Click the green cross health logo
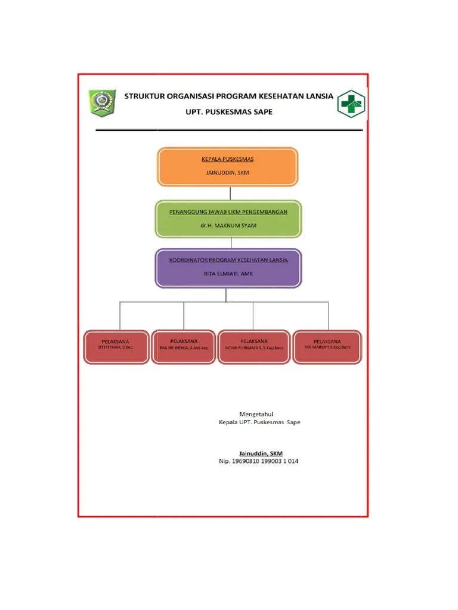tap(351, 104)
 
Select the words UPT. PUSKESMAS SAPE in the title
tap(228, 111)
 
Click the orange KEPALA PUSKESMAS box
tap(227, 167)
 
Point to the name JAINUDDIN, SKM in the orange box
tap(227, 173)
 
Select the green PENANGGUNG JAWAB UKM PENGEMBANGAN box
tap(228, 219)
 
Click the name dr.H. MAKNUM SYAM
tap(228, 225)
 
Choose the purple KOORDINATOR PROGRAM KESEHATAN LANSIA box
tap(228, 268)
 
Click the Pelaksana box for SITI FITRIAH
tap(116, 346)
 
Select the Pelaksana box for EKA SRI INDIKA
tap(183, 346)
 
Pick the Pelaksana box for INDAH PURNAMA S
tap(253, 346)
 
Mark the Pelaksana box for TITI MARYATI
tap(327, 346)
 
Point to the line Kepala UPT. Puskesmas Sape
tap(259, 422)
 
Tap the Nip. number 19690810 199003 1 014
tap(259, 462)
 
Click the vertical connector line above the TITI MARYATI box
tap(327, 315)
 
